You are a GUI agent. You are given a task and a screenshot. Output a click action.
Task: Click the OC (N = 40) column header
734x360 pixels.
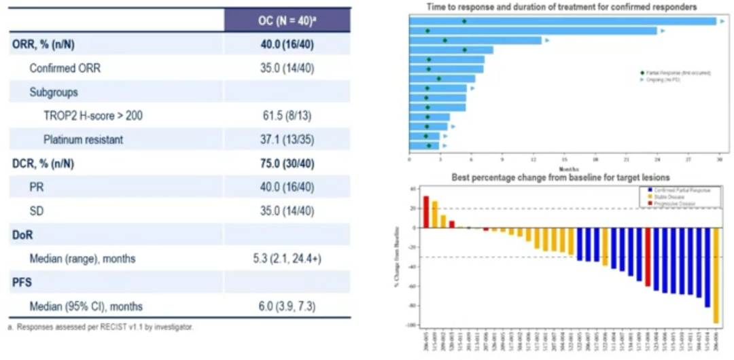pyautogui.click(x=287, y=20)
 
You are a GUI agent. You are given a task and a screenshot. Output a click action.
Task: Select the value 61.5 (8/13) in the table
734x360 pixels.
pyautogui.click(x=287, y=116)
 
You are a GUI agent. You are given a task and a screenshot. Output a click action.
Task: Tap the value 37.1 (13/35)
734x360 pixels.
pyautogui.click(x=287, y=139)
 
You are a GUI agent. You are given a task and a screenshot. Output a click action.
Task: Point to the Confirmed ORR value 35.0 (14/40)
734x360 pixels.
pyautogui.click(x=287, y=68)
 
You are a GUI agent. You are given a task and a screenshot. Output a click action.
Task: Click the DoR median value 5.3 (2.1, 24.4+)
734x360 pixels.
pyautogui.click(x=287, y=258)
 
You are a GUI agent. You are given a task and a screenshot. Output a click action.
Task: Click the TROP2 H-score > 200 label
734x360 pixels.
pyautogui.click(x=93, y=116)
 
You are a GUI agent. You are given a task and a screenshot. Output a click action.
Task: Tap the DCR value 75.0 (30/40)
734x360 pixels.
pyautogui.click(x=287, y=164)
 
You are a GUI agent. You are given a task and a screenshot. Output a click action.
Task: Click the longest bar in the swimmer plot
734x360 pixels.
pyautogui.click(x=563, y=21)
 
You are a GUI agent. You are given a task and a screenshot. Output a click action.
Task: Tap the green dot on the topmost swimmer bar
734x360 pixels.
pyautogui.click(x=464, y=21)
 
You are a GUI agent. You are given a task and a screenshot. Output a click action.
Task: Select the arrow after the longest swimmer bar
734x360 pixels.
pyautogui.click(x=722, y=21)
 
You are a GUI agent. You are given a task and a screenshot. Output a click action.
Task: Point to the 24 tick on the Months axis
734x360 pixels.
pyautogui.click(x=657, y=160)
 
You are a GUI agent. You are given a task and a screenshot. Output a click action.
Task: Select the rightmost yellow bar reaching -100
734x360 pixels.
pyautogui.click(x=716, y=275)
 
